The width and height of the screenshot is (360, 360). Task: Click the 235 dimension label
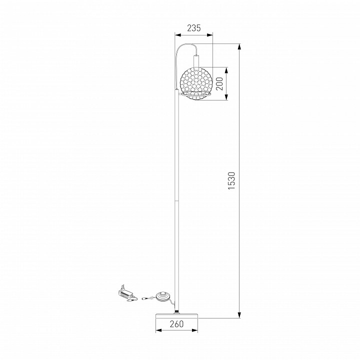(194, 28)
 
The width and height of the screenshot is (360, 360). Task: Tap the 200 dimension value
(219, 84)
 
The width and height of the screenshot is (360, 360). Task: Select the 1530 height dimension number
(231, 180)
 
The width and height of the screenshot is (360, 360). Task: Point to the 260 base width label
(177, 323)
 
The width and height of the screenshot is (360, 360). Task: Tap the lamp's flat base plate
(177, 315)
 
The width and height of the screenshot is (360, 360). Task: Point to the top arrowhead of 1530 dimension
(239, 47)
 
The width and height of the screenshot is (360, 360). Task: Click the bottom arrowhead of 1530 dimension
(239, 315)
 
